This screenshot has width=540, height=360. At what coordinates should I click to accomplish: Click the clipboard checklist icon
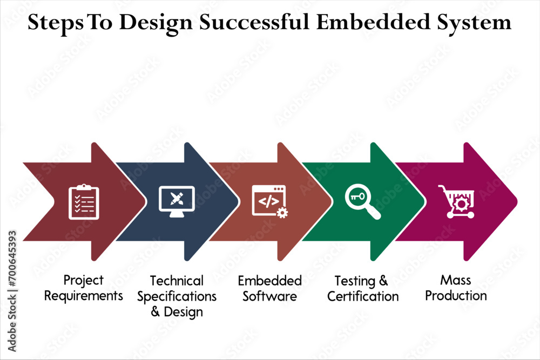[x=84, y=202]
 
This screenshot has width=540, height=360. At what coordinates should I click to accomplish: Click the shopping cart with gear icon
[x=456, y=202]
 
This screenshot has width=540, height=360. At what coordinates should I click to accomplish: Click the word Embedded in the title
[x=373, y=22]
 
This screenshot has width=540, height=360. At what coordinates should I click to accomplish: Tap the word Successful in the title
[x=254, y=22]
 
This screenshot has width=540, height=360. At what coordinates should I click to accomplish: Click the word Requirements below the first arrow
[x=83, y=296]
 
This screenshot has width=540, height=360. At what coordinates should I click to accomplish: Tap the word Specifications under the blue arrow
[x=177, y=297]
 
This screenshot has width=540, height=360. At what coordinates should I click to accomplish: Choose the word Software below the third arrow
[x=269, y=296]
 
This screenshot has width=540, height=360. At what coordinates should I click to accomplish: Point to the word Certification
[x=363, y=296]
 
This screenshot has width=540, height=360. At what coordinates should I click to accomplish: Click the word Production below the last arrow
[x=456, y=296]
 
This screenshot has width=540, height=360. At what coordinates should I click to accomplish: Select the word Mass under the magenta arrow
[x=456, y=280]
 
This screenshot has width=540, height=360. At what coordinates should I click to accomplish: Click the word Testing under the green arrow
[x=355, y=281]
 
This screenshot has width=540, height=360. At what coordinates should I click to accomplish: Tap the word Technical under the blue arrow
[x=177, y=281]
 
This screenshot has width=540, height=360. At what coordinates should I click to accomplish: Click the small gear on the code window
[x=282, y=213]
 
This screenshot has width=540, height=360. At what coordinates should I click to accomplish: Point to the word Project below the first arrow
[x=83, y=281]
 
